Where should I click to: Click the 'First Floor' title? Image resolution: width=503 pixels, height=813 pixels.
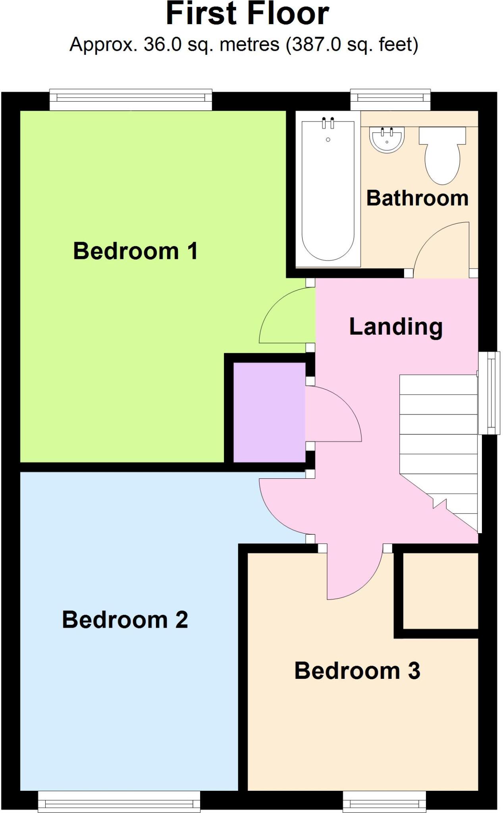tap(247, 14)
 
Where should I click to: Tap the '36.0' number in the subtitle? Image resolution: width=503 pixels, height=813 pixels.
tap(162, 44)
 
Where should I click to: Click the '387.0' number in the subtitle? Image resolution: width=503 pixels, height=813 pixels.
tap(316, 44)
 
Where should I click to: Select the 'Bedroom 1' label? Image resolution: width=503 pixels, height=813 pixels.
tap(135, 251)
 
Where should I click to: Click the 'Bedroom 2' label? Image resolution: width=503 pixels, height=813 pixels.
tap(125, 619)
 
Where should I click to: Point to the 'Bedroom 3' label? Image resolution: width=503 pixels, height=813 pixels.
tap(357, 670)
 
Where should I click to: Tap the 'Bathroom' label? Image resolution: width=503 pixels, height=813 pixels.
tap(417, 198)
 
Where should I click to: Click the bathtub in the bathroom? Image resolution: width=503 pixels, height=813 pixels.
tap(328, 191)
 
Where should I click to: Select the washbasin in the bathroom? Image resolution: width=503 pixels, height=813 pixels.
tap(386, 140)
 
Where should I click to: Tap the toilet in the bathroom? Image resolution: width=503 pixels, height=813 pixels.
tap(442, 155)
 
